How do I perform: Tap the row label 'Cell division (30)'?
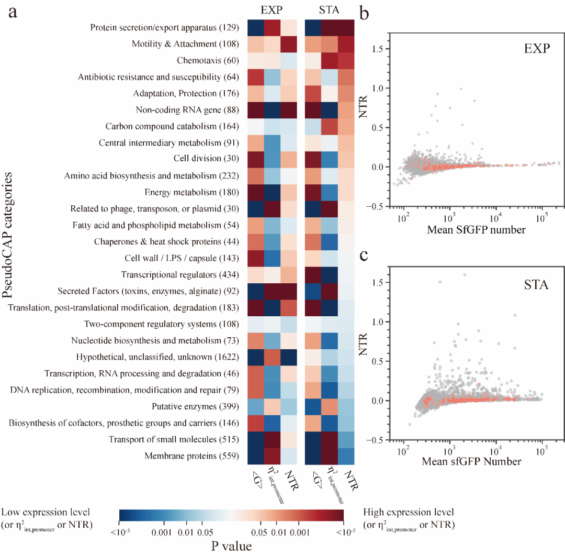point(207,159)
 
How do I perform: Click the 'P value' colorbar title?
point(231,546)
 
